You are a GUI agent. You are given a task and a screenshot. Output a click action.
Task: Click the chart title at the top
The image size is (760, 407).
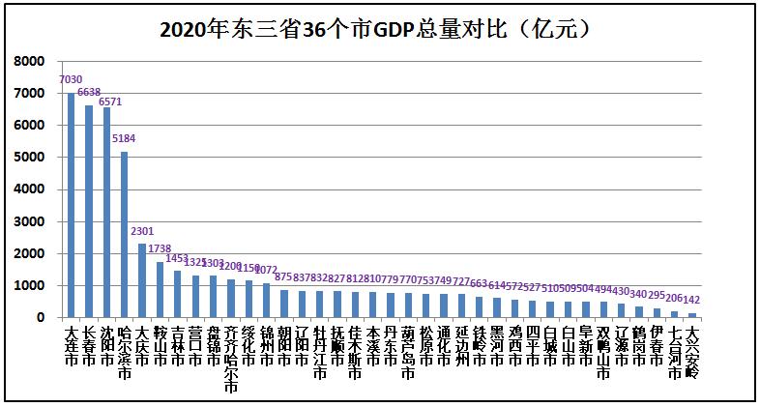[379, 28]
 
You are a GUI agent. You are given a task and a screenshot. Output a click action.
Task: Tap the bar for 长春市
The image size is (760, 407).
[88, 212]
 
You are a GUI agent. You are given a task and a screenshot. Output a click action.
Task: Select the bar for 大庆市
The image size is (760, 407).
[142, 280]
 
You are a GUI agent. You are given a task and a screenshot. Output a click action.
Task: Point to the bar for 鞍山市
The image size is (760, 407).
[160, 290]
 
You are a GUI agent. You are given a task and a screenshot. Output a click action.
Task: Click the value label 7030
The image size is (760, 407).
[70, 79]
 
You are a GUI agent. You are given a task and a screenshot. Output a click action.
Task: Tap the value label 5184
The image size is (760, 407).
[124, 138]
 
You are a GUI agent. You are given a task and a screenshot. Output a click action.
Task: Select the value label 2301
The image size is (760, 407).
[142, 231]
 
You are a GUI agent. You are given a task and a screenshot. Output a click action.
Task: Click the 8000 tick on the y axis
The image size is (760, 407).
[30, 61]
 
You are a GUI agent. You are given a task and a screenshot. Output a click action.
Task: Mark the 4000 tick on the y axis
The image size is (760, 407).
[30, 189]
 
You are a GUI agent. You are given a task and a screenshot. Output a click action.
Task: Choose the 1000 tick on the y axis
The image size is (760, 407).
[30, 286]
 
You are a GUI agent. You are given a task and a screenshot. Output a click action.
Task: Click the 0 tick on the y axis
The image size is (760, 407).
[41, 318]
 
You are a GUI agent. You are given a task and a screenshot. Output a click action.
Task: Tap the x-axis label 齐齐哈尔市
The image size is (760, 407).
[231, 359]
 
